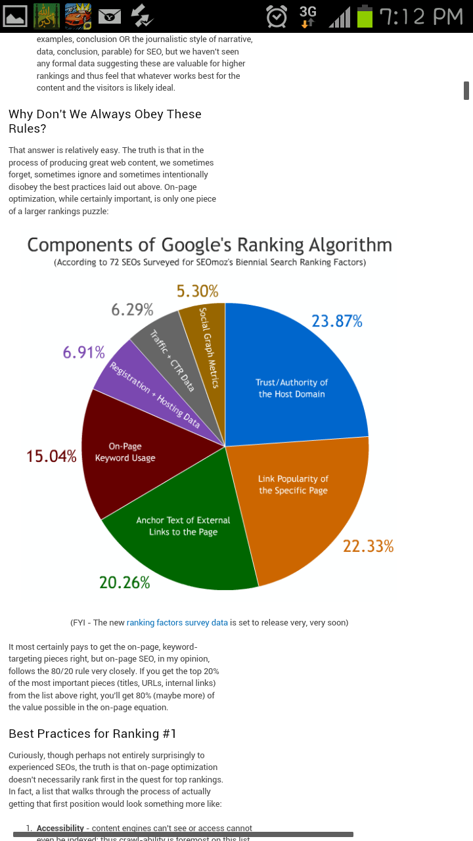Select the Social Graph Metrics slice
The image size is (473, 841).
pos(207,348)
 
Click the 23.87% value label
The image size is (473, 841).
pos(336,321)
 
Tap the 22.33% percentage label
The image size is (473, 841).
pos(368,546)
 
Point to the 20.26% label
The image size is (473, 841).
pos(125,582)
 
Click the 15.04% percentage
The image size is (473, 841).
pos(51,456)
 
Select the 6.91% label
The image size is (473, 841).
pos(83,353)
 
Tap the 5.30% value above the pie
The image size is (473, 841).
pos(197,291)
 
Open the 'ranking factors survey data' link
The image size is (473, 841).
pos(177,622)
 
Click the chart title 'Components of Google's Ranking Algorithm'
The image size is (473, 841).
pos(209,245)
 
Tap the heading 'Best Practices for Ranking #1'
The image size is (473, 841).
pos(92,733)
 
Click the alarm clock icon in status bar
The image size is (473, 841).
pos(277,16)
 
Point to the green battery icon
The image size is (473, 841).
pos(365,16)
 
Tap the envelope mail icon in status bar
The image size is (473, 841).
pos(110,16)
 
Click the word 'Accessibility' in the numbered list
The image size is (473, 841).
pos(60,829)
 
